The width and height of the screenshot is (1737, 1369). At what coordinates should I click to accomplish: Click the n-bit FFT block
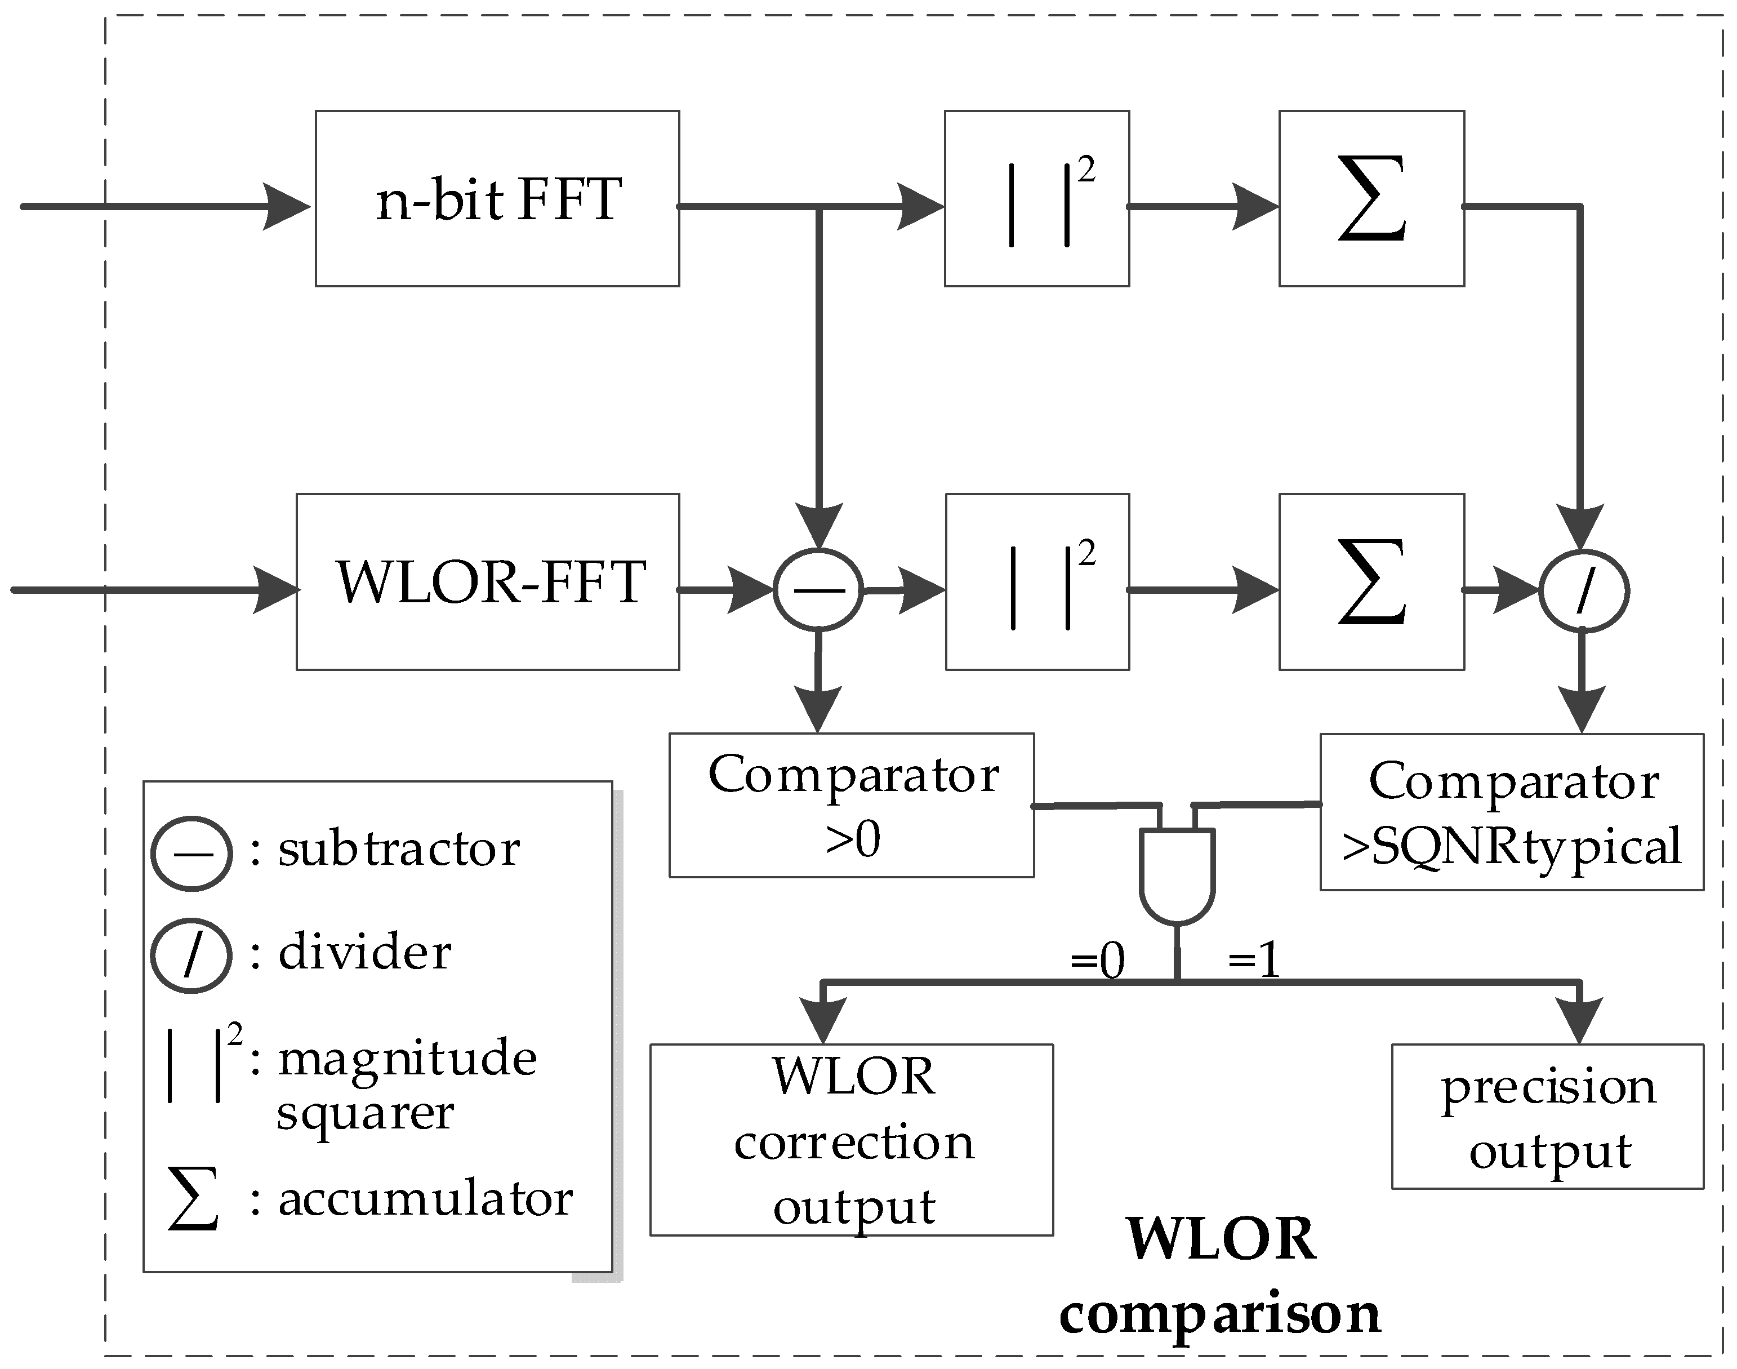[497, 199]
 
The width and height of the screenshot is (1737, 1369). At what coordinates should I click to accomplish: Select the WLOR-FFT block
[487, 582]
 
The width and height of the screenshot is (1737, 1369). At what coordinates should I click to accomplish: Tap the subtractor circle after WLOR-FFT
[818, 590]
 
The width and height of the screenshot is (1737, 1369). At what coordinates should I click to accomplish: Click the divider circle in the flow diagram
[1583, 591]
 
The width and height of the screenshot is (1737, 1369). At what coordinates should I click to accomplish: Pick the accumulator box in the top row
[1371, 199]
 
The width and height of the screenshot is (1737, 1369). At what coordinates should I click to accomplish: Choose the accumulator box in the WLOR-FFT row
[1371, 582]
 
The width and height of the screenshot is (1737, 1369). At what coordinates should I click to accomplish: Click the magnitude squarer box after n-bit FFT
[1037, 199]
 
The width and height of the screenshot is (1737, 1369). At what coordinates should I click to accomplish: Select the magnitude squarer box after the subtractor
[1037, 582]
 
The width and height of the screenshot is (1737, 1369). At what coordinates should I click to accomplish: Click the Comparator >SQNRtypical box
[1511, 811]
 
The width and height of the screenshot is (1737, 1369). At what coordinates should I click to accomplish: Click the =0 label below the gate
[1098, 959]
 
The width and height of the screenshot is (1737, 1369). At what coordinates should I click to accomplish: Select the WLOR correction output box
[851, 1140]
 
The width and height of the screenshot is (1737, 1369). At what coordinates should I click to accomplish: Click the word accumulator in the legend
[425, 1200]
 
